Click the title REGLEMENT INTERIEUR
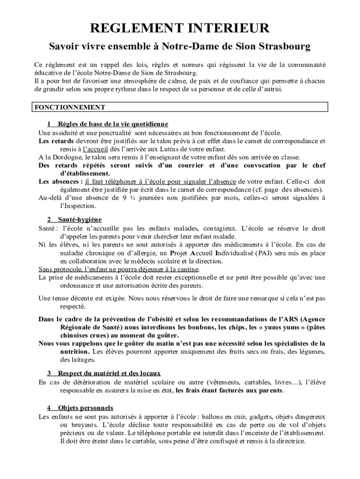(180, 29)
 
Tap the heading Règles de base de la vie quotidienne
(113, 124)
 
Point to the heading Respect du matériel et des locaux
(109, 373)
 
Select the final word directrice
(288, 441)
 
